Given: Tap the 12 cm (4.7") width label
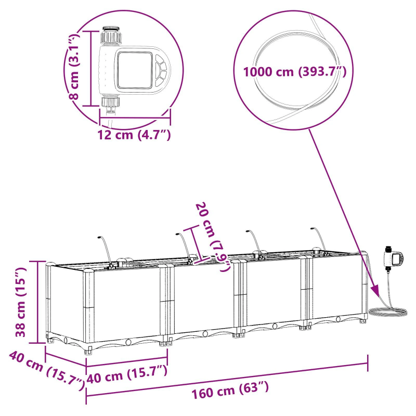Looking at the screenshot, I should click(x=135, y=135).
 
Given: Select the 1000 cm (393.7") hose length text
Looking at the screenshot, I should click(x=294, y=72).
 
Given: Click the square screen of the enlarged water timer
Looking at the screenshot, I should click(x=133, y=69).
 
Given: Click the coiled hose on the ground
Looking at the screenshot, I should click(x=388, y=312).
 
